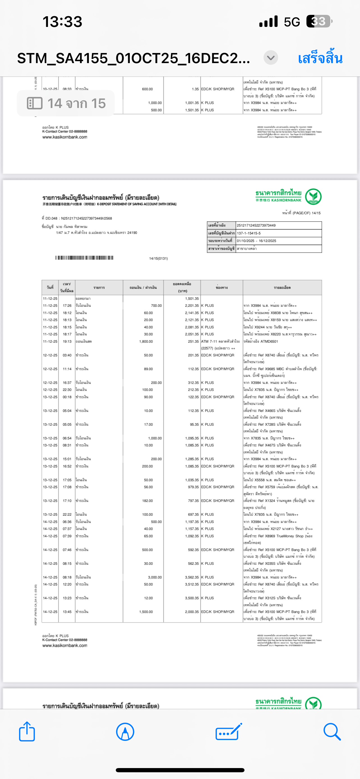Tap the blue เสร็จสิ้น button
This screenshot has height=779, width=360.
[320, 58]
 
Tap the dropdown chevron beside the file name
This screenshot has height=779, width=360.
[271, 57]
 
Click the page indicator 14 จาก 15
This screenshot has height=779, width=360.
[66, 103]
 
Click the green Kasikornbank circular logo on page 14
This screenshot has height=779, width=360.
[313, 197]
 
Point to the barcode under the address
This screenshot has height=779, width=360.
[84, 258]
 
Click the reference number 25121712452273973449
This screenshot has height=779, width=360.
[256, 225]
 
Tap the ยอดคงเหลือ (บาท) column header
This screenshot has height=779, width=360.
[182, 287]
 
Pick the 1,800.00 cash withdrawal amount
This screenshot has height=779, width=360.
[146, 342]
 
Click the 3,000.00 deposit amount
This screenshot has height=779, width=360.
[155, 577]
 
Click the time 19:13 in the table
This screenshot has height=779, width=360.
[67, 342]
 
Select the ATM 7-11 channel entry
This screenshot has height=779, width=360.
[220, 342]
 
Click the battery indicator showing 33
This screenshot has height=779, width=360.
[319, 22]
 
